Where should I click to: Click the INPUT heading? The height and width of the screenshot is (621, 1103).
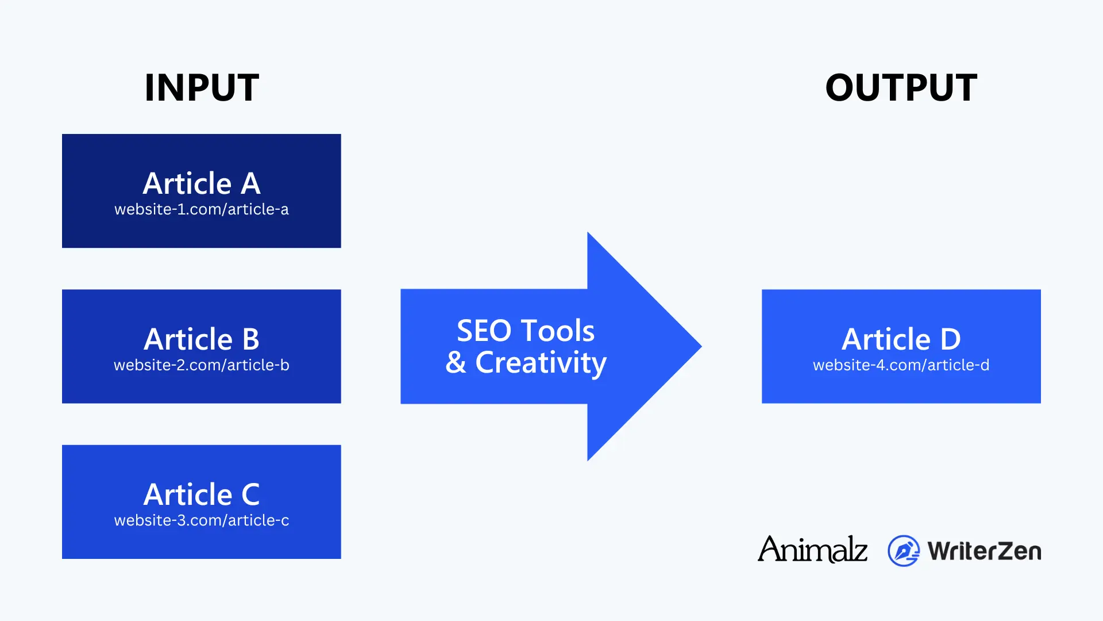pyautogui.click(x=202, y=88)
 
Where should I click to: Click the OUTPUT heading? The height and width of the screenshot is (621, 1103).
pyautogui.click(x=901, y=88)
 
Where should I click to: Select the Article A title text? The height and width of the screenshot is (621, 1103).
pyautogui.click(x=202, y=183)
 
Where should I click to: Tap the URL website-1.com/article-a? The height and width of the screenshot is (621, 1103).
pyautogui.click(x=202, y=209)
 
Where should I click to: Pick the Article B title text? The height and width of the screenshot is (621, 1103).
pyautogui.click(x=202, y=339)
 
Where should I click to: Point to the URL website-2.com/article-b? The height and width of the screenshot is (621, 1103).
pyautogui.click(x=202, y=365)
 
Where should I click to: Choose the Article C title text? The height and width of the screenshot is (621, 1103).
pyautogui.click(x=202, y=494)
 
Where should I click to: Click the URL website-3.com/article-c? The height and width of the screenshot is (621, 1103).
pyautogui.click(x=202, y=520)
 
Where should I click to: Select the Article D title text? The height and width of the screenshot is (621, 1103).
pyautogui.click(x=901, y=339)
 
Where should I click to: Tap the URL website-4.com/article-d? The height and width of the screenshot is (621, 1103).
pyautogui.click(x=901, y=365)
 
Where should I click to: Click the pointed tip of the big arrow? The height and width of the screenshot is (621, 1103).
pyautogui.click(x=701, y=346)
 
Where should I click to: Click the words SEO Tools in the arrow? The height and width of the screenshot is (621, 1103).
pyautogui.click(x=526, y=331)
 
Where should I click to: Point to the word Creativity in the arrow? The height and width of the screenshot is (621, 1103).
pyautogui.click(x=541, y=363)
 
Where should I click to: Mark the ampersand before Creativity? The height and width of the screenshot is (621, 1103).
pyautogui.click(x=456, y=362)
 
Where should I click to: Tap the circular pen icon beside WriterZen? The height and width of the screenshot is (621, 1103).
pyautogui.click(x=904, y=551)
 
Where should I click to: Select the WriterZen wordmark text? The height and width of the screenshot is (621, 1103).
pyautogui.click(x=984, y=551)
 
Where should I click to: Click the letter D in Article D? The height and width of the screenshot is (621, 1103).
pyautogui.click(x=951, y=339)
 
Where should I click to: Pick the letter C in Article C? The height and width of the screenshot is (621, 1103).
pyautogui.click(x=251, y=494)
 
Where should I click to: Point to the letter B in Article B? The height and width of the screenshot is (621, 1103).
pyautogui.click(x=251, y=339)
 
